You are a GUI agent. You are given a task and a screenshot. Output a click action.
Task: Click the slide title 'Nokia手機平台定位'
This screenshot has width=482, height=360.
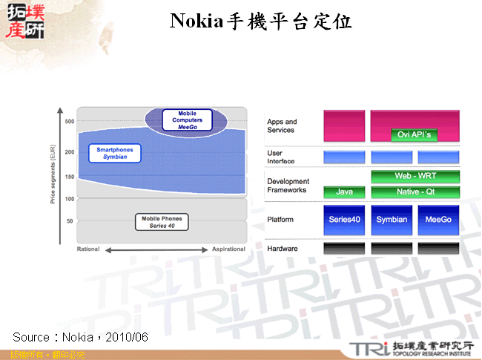[x=261, y=21]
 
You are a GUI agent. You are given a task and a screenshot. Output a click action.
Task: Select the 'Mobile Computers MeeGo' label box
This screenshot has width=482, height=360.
[x=187, y=120]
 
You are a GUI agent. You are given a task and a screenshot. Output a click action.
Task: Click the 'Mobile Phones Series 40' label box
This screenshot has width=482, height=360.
[x=162, y=222]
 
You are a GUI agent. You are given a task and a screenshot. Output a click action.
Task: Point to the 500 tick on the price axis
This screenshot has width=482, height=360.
[x=69, y=122]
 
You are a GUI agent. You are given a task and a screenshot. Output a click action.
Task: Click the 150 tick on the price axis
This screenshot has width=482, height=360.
[x=69, y=177]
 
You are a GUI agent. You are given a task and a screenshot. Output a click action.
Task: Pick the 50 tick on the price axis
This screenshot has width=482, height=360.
[x=69, y=222]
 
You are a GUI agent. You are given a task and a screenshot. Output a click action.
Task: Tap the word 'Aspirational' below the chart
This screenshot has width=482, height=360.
[x=228, y=249]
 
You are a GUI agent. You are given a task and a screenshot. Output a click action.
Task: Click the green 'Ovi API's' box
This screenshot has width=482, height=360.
[x=415, y=134]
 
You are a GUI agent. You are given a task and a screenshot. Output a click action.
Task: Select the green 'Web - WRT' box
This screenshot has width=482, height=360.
[x=415, y=177]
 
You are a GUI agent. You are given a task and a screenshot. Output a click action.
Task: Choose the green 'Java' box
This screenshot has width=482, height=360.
[x=344, y=192]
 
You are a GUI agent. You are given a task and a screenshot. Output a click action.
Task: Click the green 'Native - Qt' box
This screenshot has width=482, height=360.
[x=415, y=192]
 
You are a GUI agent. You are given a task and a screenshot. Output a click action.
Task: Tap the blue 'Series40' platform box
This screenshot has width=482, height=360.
[x=344, y=220]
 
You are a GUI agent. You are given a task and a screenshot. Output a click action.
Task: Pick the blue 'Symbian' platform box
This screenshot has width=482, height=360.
[x=391, y=220]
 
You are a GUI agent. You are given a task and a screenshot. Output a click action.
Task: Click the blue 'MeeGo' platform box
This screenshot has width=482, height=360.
[x=438, y=220]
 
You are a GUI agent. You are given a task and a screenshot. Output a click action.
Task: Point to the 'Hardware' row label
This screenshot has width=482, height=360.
[x=282, y=249]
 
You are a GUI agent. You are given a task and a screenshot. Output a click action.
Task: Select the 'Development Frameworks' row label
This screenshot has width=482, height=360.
[x=288, y=186]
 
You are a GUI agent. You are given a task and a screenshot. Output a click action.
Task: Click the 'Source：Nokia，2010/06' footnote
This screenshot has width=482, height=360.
[x=81, y=338]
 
